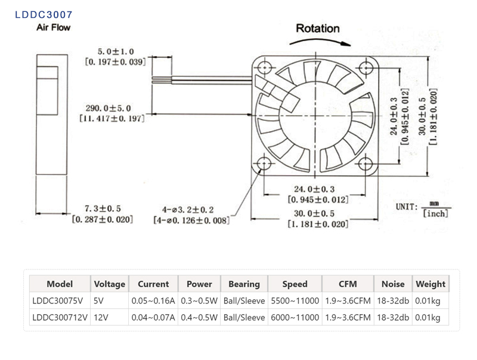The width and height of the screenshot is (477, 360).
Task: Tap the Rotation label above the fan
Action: point(318,28)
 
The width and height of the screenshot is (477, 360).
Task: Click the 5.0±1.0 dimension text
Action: point(116,52)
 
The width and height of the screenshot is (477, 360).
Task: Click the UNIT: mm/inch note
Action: point(423,208)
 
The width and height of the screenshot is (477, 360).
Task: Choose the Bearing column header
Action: point(244,284)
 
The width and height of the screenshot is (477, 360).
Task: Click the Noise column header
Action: point(392,284)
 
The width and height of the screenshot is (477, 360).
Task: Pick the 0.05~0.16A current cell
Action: point(153,300)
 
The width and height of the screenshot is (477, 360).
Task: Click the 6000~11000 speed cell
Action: point(295,317)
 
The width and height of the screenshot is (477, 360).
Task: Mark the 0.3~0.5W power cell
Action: point(199,300)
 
